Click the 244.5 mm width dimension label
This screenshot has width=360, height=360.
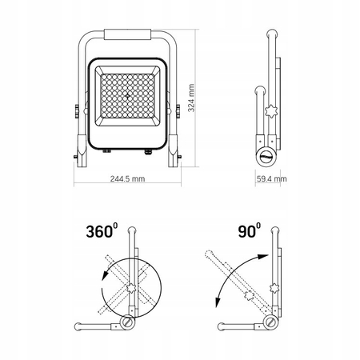(128, 178)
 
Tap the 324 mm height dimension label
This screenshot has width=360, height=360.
(191, 98)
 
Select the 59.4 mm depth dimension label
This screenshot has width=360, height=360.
(272, 178)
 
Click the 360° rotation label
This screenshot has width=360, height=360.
(102, 230)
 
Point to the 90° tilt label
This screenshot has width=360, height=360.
(250, 230)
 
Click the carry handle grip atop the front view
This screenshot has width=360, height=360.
(128, 34)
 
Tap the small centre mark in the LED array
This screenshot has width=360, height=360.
(128, 96)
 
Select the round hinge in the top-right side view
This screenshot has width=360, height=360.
(267, 158)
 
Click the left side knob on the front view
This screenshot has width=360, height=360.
(77, 111)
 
